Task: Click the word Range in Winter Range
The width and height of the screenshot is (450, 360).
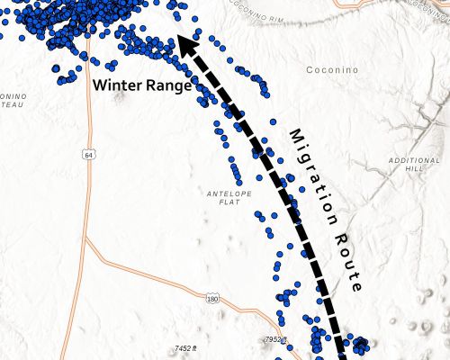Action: [168, 86]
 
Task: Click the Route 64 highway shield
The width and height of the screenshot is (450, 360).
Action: [87, 155]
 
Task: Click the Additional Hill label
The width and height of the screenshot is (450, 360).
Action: [414, 165]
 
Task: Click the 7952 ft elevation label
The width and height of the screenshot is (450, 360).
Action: [276, 339]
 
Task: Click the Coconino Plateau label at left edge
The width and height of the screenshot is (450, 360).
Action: [11, 102]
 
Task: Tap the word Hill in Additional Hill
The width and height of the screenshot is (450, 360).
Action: [415, 169]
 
